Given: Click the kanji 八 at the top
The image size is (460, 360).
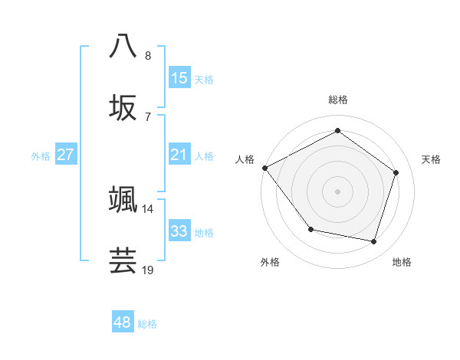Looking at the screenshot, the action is (123, 47).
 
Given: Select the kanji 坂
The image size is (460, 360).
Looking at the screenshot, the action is (123, 108).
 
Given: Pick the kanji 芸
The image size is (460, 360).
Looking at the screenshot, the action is (123, 260).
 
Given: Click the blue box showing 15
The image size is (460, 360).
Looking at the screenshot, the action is (179, 77).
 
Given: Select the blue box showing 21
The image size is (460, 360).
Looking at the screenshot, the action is (179, 155).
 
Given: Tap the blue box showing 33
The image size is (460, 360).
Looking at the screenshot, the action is (179, 231).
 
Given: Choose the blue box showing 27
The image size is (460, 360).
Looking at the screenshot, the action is (65, 155).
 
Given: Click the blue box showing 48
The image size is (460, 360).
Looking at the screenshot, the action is (122, 322).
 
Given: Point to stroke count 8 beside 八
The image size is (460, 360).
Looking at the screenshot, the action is (148, 56).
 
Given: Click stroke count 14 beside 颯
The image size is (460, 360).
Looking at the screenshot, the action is (147, 208).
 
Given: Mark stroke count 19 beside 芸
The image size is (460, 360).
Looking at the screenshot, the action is (147, 270).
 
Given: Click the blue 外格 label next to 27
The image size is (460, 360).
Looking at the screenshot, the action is (41, 155).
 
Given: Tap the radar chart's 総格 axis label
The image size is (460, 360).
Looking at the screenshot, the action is (337, 100).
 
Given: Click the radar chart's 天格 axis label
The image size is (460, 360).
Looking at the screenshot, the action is (431, 159).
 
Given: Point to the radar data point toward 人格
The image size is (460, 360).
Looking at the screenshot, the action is (264, 168).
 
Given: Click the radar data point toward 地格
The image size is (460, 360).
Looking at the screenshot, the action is (373, 242).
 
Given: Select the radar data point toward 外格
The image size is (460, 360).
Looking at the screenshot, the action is (310, 229).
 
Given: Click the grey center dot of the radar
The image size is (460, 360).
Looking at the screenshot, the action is (337, 191).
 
